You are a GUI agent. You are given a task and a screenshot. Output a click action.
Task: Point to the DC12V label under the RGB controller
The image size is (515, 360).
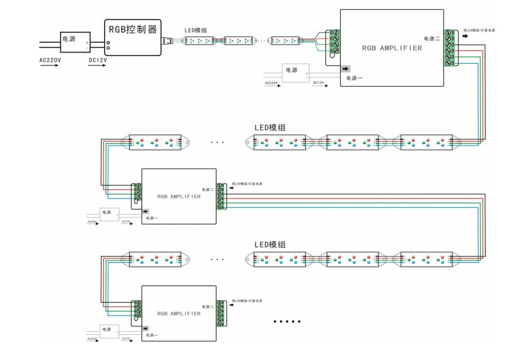click(98, 61)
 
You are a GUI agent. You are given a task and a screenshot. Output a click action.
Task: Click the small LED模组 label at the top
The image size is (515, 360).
click(196, 31)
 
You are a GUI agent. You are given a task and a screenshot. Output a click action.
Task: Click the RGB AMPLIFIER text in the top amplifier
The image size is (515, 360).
click(391, 48)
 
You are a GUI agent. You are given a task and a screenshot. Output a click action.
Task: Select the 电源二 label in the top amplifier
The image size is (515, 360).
click(431, 39)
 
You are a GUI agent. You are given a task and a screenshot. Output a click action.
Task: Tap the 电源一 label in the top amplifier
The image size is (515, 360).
click(354, 78)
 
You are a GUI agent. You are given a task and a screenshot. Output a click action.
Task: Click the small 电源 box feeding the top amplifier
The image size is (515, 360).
click(295, 71)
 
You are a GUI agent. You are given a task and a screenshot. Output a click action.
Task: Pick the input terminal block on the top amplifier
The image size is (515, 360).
click(333, 42)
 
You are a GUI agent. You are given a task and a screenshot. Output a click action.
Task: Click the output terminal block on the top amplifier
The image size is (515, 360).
click(450, 48)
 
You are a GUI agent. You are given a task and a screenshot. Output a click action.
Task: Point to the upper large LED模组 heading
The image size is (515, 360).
click(270, 128)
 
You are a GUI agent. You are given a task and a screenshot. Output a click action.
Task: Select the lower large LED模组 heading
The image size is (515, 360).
click(270, 244)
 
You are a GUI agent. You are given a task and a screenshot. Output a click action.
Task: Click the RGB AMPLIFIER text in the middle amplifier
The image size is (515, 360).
click(179, 197)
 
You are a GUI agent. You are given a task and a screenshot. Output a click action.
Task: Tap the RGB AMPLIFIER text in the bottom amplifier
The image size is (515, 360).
click(179, 313)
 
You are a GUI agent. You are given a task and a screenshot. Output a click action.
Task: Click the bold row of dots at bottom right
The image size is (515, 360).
click(287, 321)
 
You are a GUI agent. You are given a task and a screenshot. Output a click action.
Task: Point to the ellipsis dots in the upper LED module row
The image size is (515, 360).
click(217, 142)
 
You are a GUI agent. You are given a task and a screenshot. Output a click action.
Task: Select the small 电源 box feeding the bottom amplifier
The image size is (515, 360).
click(109, 329)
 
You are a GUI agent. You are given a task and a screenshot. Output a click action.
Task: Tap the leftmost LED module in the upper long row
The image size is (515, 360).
click(156, 142)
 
